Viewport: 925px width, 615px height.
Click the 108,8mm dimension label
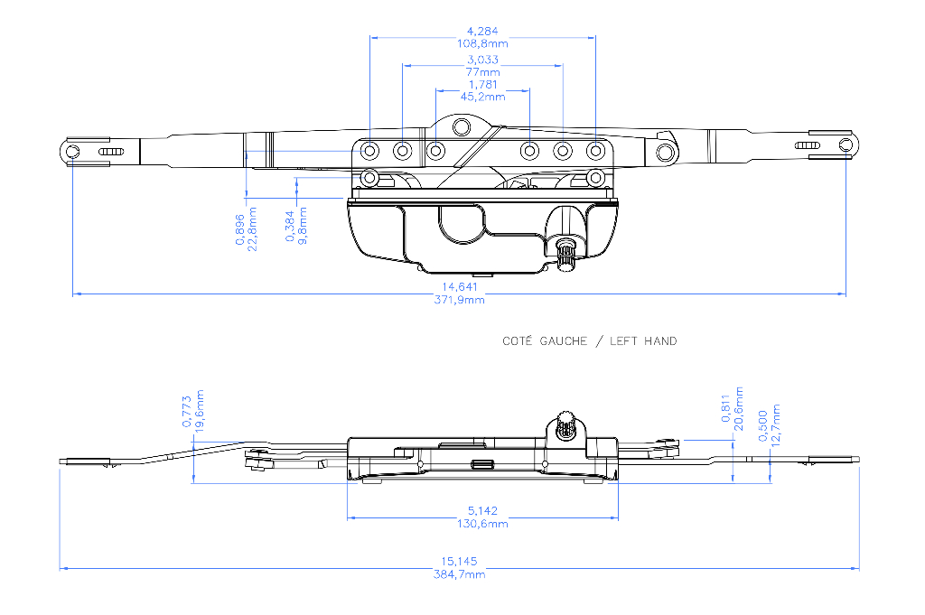coord(482,43)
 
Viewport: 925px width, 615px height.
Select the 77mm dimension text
coord(482,72)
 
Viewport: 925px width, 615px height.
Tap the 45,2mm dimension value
coord(482,97)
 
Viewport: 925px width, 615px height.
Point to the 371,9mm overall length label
coord(459,300)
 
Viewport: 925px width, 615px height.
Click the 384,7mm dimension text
coord(459,574)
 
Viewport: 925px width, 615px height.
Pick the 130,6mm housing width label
coord(482,524)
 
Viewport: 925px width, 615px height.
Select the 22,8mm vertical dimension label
coord(253,228)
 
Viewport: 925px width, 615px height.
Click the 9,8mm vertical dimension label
coord(303,225)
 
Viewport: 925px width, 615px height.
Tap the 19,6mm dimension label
coord(200,411)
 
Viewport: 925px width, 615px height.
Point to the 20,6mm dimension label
coord(739,408)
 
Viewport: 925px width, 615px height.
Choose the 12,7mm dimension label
coord(776,425)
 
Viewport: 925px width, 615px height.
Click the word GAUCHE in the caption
coord(564,340)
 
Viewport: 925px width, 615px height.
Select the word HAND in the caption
coord(660,340)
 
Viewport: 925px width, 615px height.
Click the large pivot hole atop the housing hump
coord(462,126)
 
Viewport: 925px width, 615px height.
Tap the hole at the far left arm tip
coord(72,152)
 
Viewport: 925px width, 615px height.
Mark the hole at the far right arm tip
coord(846,145)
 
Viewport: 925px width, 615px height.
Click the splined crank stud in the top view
coord(566,253)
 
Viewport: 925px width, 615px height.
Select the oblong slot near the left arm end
coord(111,152)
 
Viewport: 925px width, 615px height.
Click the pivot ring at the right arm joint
coord(666,153)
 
